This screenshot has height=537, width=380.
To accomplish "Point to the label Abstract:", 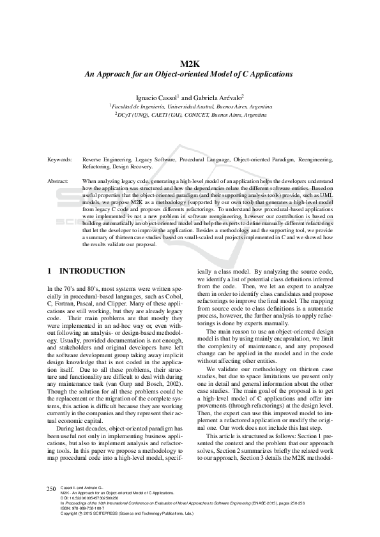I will (58, 181).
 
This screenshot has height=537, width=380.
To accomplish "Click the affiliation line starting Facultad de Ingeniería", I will (189, 107).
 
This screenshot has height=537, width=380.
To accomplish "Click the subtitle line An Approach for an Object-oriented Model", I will (189, 74).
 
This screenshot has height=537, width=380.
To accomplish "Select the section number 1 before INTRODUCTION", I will (50, 271).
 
